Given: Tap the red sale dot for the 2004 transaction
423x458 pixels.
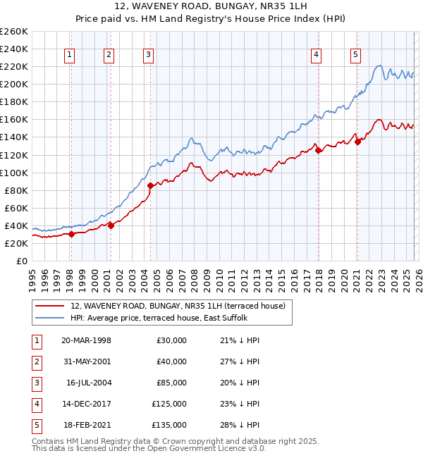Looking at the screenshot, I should (151, 186).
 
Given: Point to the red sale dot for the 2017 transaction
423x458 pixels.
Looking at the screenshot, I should (318, 150).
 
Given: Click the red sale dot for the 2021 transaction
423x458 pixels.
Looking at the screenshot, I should (357, 142).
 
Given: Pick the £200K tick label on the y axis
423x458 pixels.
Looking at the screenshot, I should (14, 84).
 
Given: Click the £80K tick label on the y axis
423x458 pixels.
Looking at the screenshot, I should (16, 190).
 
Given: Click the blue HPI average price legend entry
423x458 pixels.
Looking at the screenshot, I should (159, 318).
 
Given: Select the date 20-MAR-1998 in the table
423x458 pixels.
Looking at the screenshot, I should (87, 340).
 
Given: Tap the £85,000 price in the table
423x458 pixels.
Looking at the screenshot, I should (169, 383).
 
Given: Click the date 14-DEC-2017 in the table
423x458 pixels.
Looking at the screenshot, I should (87, 404).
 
